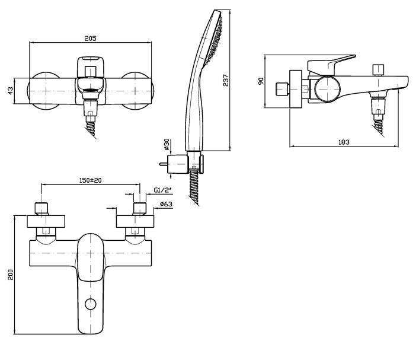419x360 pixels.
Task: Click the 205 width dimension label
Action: pyautogui.click(x=90, y=38)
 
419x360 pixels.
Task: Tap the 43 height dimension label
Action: pyautogui.click(x=10, y=91)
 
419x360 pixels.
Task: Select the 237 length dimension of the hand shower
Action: pyautogui.click(x=226, y=80)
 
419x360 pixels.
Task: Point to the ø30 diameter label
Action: pyautogui.click(x=167, y=144)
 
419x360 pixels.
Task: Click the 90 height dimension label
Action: pyautogui.click(x=261, y=81)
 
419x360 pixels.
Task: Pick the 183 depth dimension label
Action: pyautogui.click(x=344, y=142)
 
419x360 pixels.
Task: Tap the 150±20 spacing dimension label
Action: pyautogui.click(x=90, y=180)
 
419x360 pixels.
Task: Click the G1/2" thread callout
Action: pyautogui.click(x=162, y=190)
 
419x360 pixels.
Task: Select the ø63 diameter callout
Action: pyautogui.click(x=166, y=205)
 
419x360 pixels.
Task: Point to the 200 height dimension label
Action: pyautogui.click(x=11, y=275)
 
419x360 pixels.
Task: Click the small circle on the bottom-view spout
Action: pyautogui.click(x=90, y=304)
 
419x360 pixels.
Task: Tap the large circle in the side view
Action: pyautogui.click(x=327, y=89)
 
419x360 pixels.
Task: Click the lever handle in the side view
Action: pyautogui.click(x=331, y=65)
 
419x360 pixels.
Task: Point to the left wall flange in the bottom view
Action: pyautogui.click(x=46, y=221)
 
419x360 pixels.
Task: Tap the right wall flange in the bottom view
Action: pyautogui.click(x=135, y=221)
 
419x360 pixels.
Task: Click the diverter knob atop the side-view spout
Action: pyautogui.click(x=378, y=70)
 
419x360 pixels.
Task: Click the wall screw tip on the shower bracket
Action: pyautogui.click(x=161, y=164)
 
